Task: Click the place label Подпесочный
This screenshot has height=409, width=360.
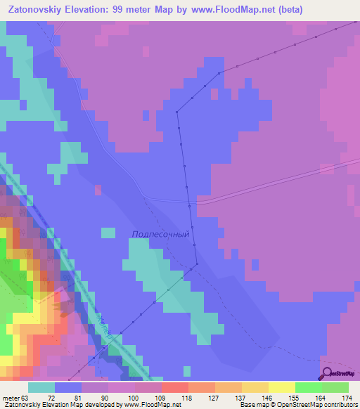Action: pyautogui.click(x=161, y=235)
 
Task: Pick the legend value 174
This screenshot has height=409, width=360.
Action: pyautogui.click(x=347, y=398)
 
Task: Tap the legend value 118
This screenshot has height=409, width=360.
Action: pyautogui.click(x=186, y=398)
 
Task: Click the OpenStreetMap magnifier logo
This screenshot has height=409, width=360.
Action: pyautogui.click(x=327, y=374)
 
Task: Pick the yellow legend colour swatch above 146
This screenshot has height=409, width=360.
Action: pyautogui.click(x=255, y=387)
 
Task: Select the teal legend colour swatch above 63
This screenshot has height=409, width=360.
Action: pyautogui.click(x=41, y=387)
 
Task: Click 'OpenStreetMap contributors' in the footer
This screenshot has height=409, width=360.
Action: pyautogui.click(x=316, y=405)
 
